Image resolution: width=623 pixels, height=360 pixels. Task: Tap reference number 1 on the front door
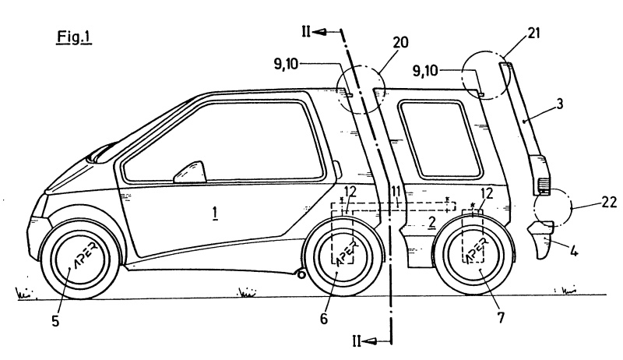(214, 210)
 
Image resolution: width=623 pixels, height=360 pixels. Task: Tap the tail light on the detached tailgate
(541, 185)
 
